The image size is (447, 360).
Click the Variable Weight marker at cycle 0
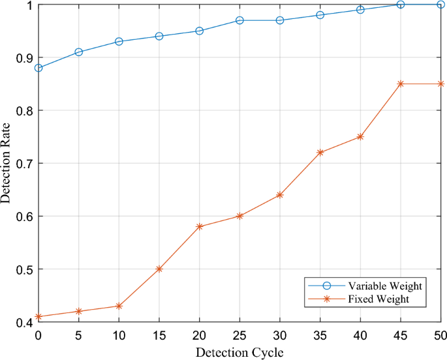(x=39, y=68)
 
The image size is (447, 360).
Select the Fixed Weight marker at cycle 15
(x=159, y=269)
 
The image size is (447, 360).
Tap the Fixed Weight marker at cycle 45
(x=401, y=83)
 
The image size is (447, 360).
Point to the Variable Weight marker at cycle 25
(x=239, y=20)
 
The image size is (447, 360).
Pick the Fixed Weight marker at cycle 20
(x=199, y=226)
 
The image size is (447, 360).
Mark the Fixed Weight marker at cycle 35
(x=320, y=153)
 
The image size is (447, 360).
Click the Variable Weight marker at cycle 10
(x=119, y=41)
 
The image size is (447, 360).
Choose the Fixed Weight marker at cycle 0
(x=39, y=316)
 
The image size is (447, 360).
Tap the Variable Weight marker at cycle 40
(x=360, y=10)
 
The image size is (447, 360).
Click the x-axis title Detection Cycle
(x=239, y=352)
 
